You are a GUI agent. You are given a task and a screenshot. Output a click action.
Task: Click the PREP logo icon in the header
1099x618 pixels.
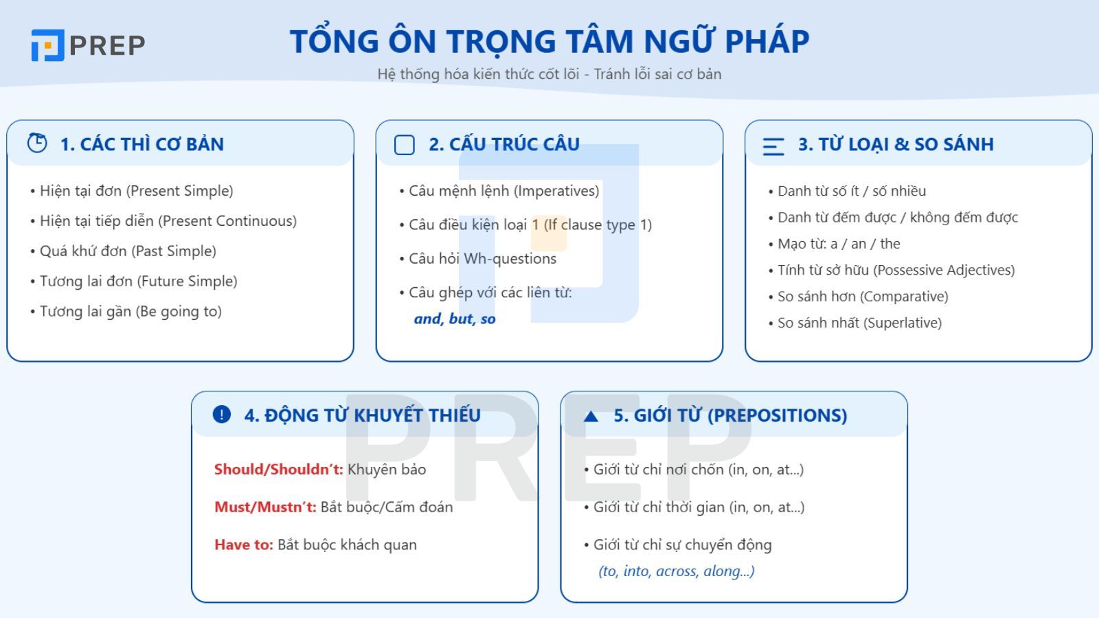(x=47, y=45)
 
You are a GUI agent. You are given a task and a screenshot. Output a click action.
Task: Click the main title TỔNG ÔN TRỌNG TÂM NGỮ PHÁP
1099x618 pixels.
(x=549, y=41)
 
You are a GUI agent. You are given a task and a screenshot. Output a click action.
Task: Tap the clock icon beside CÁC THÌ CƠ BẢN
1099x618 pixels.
(x=37, y=143)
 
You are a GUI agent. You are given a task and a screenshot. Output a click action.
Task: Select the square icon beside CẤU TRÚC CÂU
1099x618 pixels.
(x=405, y=145)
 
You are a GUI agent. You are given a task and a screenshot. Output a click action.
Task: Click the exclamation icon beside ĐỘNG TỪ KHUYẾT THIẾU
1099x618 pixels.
(x=222, y=414)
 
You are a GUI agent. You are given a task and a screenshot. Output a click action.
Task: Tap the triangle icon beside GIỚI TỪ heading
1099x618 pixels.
(x=591, y=416)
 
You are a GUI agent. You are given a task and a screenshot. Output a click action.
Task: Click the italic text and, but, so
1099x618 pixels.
(x=455, y=319)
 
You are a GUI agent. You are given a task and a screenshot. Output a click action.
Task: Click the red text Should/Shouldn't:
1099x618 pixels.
(x=278, y=470)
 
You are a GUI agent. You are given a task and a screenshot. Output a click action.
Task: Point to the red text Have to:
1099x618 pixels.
(x=244, y=545)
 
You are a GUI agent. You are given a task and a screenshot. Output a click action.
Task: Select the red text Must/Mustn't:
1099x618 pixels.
(x=265, y=507)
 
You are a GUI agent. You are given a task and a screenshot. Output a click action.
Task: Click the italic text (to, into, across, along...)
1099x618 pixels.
(x=677, y=571)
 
